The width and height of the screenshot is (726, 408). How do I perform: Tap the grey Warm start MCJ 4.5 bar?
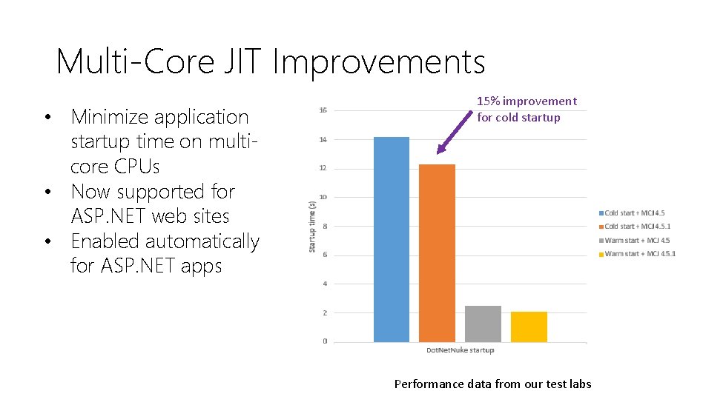point(483,324)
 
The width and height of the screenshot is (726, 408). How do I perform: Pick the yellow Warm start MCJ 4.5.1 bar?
point(529,327)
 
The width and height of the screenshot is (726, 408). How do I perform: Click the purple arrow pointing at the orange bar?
point(455,133)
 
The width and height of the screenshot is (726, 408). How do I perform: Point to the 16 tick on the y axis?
point(323,110)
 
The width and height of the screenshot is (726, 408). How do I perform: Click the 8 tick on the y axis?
point(325,227)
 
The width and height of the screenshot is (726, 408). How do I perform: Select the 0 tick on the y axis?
point(325,341)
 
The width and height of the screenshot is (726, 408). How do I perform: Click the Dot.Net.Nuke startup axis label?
point(460,350)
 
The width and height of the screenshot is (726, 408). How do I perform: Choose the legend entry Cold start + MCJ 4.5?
point(634,213)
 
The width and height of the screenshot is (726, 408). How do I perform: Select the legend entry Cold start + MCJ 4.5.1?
point(637,227)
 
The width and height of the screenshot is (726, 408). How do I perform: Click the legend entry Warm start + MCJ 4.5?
point(636,240)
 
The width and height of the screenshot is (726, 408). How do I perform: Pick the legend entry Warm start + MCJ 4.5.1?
point(639,254)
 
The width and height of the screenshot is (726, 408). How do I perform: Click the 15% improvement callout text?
point(526,109)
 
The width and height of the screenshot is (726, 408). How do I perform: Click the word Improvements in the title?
point(378,61)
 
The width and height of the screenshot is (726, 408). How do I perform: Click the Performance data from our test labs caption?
point(492,384)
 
